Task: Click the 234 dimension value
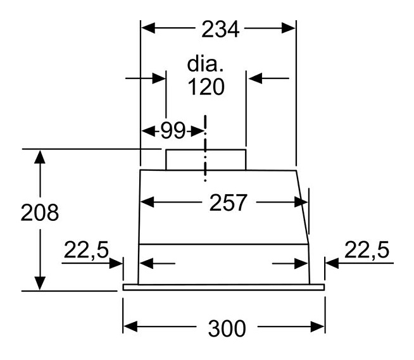click(x=220, y=28)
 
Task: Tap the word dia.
click(x=205, y=64)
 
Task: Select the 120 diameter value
click(x=206, y=87)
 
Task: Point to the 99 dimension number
click(x=173, y=130)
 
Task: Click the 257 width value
click(x=228, y=202)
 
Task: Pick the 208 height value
click(x=40, y=213)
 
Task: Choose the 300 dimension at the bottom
click(x=227, y=328)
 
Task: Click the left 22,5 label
click(x=86, y=250)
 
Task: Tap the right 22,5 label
click(x=367, y=250)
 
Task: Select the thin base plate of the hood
click(x=223, y=287)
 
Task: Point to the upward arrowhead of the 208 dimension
click(x=40, y=157)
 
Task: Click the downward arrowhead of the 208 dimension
click(x=40, y=283)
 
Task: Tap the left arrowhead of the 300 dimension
click(x=130, y=326)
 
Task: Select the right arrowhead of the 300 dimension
click(x=317, y=326)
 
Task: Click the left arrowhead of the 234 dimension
click(x=148, y=28)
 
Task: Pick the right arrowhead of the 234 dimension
click(x=288, y=28)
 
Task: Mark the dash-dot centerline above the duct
click(x=205, y=148)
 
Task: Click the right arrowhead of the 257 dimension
click(x=301, y=202)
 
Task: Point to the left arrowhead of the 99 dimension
click(x=149, y=131)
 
